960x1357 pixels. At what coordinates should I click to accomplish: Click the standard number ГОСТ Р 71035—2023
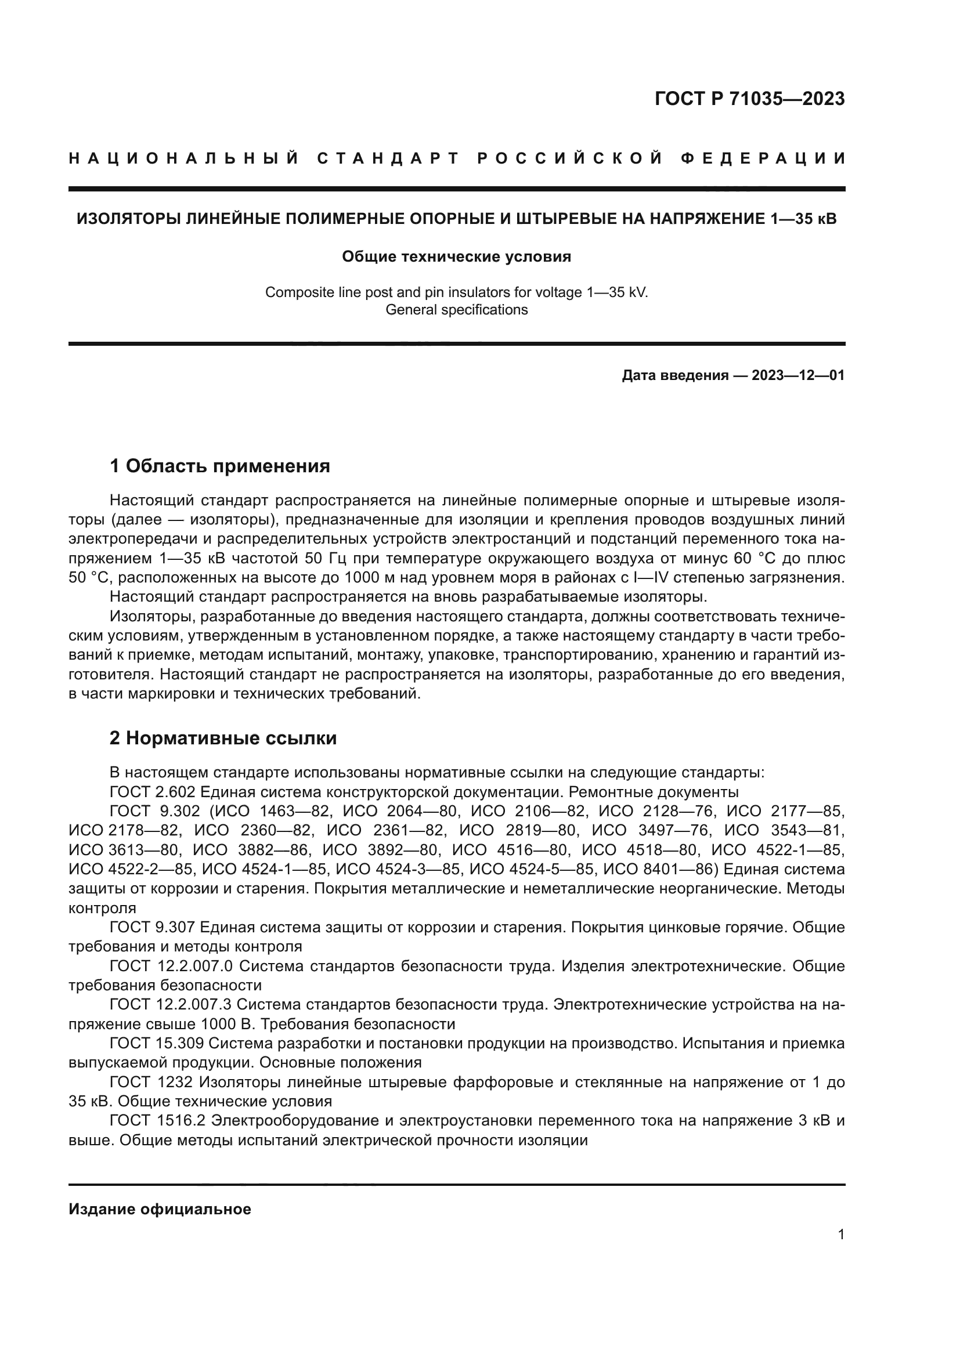pyautogui.click(x=749, y=99)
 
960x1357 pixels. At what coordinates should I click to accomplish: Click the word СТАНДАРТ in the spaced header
pyautogui.click(x=388, y=158)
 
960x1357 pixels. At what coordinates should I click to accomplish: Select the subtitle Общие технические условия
pyautogui.click(x=456, y=256)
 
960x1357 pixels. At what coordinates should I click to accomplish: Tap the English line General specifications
pyautogui.click(x=456, y=310)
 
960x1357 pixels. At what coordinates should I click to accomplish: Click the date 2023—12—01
pyautogui.click(x=797, y=375)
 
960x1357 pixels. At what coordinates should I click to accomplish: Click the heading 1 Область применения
pyautogui.click(x=220, y=466)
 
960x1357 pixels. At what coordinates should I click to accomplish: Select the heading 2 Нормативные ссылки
pyautogui.click(x=223, y=738)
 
